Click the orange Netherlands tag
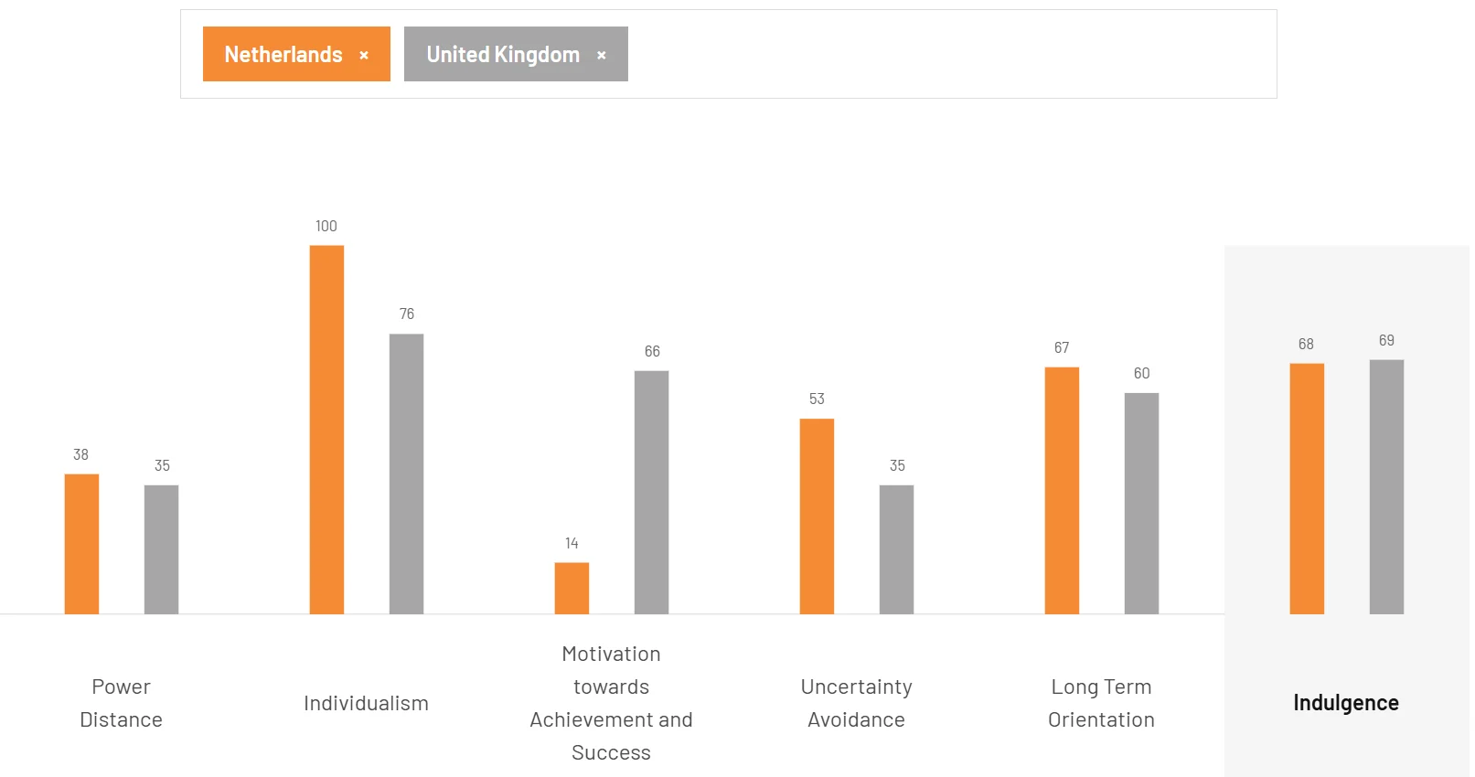click(x=283, y=55)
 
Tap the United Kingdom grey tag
click(x=503, y=55)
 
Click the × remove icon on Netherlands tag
click(x=364, y=56)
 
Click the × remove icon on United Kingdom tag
click(x=602, y=56)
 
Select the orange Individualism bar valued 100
click(x=326, y=430)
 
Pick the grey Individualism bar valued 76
click(x=406, y=474)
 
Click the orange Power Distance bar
click(x=81, y=544)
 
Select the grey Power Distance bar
click(x=161, y=549)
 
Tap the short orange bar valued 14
click(x=572, y=588)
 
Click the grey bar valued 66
click(x=651, y=492)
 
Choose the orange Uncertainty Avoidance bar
click(x=817, y=516)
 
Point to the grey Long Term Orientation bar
click(x=1141, y=504)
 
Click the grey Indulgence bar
click(x=1386, y=486)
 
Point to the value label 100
click(x=326, y=227)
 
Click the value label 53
click(x=817, y=399)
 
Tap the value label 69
click(x=1386, y=341)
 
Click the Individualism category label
click(x=366, y=703)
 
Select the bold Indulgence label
click(x=1345, y=703)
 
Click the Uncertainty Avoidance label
click(x=856, y=703)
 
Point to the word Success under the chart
click(x=611, y=752)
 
